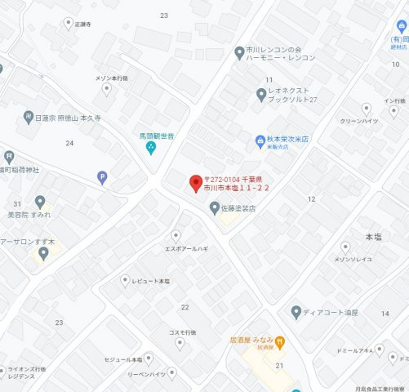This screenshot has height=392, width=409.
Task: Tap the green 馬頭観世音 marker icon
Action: [151, 147]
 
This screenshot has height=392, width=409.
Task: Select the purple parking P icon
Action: [101, 176]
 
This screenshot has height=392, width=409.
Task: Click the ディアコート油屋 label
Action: [331, 311]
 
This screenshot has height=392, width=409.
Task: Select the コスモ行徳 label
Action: [182, 332]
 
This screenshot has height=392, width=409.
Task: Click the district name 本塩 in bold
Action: [373, 236]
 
